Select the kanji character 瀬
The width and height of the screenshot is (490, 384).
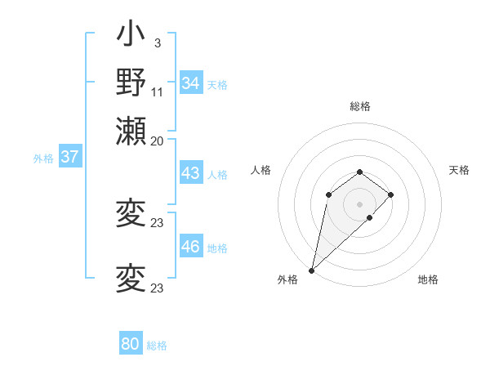pos(131,130)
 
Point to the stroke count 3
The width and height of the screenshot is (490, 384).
pos(157,43)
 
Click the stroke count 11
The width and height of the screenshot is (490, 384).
pos(157,92)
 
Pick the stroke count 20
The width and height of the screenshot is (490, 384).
pos(157,141)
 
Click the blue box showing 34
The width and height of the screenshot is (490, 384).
pos(191,83)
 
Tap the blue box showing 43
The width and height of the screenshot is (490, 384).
pos(190,173)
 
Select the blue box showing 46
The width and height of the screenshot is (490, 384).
pos(190,247)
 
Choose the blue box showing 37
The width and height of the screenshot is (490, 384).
pos(69,158)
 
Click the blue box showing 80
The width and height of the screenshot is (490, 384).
pos(130,344)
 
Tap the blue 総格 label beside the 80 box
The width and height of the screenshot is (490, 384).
pos(158,346)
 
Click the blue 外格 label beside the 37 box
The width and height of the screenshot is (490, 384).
pos(43,159)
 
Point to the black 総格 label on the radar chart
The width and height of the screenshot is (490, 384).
pos(359,106)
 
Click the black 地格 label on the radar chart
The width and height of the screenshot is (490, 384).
pos(428,280)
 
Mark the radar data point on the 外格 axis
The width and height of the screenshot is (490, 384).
pos(311,270)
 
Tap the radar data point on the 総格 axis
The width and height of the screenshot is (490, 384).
pos(359,172)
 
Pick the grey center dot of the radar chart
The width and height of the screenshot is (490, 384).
pos(359,203)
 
